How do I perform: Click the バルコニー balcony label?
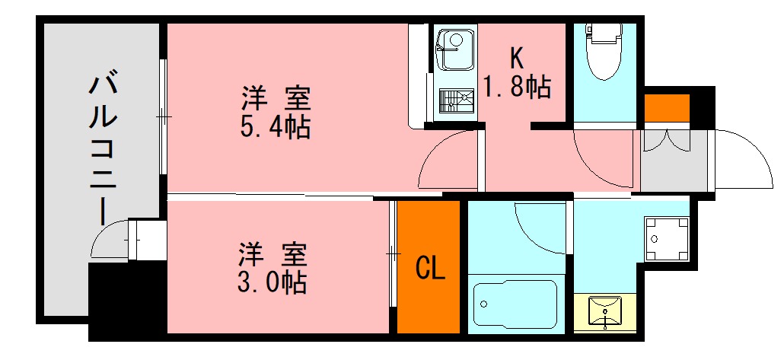[x=102, y=148]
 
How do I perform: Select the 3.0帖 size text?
[x=272, y=282]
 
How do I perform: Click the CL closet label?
[x=429, y=268]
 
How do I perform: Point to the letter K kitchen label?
[x=517, y=58]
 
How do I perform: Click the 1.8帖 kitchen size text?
[x=518, y=88]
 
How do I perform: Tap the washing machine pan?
[x=668, y=238]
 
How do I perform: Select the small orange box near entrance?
[x=667, y=108]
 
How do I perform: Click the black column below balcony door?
[x=114, y=301]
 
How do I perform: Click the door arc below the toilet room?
[x=605, y=156]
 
